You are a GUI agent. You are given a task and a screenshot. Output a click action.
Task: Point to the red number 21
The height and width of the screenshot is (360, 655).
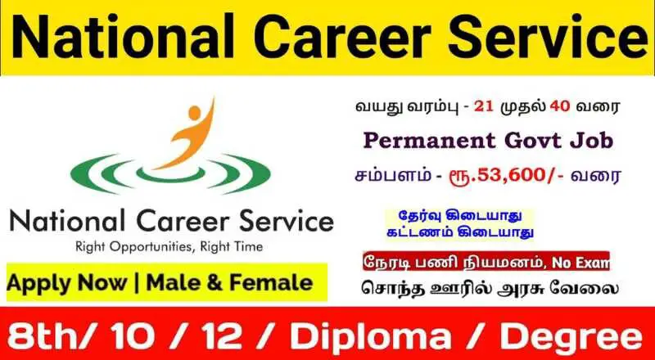[x=484, y=107]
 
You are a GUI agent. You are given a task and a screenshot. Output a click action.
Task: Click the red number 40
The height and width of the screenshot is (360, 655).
[x=560, y=107]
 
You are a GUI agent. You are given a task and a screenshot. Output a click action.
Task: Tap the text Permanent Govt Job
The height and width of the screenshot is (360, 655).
[x=488, y=142]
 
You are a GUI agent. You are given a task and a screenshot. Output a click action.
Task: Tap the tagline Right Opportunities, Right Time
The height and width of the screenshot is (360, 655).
[x=169, y=246]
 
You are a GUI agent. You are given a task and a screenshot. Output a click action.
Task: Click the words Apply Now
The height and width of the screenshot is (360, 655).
[x=67, y=283]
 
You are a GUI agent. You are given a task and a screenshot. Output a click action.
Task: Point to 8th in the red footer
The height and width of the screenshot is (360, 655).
[x=45, y=336]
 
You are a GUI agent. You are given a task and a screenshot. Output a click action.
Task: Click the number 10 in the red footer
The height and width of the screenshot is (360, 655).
[x=129, y=336]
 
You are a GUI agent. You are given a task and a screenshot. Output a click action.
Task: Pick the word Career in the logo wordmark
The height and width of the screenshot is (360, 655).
[x=183, y=222]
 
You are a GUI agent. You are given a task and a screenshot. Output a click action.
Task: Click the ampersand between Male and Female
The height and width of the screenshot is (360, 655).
[x=215, y=283]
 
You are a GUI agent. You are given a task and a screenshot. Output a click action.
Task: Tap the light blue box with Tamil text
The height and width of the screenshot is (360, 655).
[x=459, y=223]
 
